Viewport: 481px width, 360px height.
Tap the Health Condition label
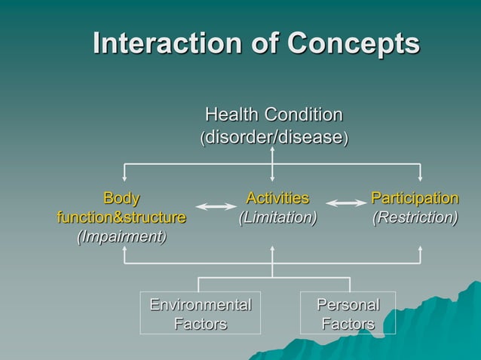point(274,115)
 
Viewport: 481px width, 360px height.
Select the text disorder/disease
point(274,138)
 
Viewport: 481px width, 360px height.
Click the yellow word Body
point(121,199)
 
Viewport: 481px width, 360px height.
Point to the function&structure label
point(121,218)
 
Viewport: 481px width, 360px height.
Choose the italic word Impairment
point(121,236)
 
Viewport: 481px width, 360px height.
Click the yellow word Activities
point(277,199)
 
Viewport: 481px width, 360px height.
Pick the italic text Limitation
point(277,218)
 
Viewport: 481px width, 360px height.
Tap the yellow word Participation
point(415,199)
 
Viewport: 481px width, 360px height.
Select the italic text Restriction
point(415,218)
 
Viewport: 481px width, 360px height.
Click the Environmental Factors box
point(201,313)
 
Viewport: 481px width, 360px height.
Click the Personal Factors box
point(348,313)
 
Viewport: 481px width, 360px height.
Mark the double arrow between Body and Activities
point(216,206)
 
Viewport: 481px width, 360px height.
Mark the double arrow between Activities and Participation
point(346,203)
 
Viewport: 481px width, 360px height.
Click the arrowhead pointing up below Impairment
point(125,249)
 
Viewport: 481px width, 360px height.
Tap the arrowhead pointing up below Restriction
point(420,249)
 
